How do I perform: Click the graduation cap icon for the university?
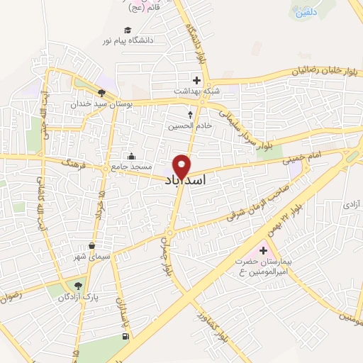(128, 30)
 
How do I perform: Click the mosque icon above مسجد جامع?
(130, 156)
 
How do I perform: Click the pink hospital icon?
(264, 250)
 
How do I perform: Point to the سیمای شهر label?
(91, 256)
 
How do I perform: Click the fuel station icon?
(126, 335)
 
